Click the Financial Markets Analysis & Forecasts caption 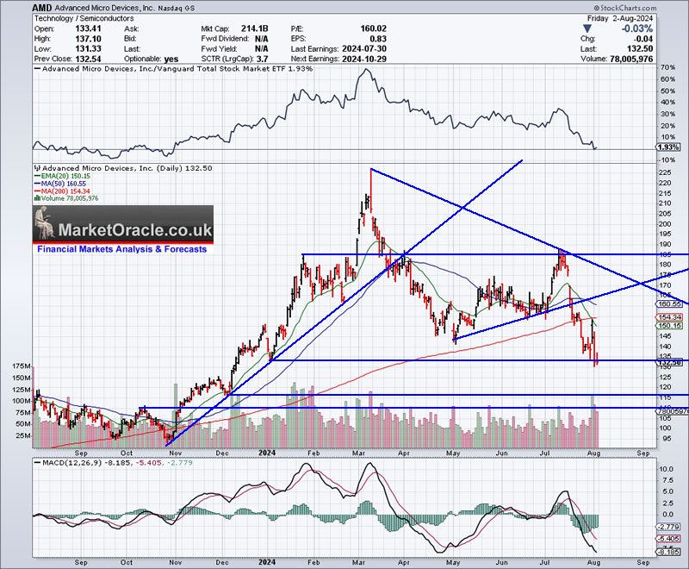[121, 249]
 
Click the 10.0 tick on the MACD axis [667, 469]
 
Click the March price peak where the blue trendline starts [370, 169]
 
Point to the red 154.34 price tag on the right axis [668, 317]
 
